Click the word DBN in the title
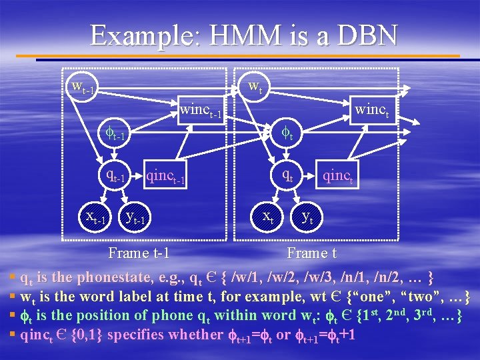(x=364, y=35)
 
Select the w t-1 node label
(x=86, y=87)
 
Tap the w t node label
(x=254, y=85)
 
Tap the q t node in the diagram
(x=287, y=175)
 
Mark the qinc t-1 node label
(x=165, y=177)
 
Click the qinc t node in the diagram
(x=338, y=177)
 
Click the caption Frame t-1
(x=139, y=253)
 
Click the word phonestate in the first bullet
(x=117, y=277)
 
